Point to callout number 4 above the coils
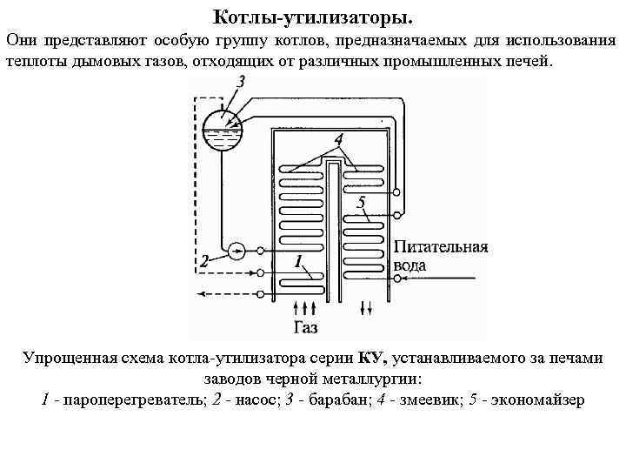pyautogui.click(x=337, y=139)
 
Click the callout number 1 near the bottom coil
pyautogui.click(x=298, y=260)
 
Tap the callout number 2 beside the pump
pyautogui.click(x=205, y=260)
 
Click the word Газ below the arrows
pyautogui.click(x=305, y=327)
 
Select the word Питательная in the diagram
pyautogui.click(x=441, y=246)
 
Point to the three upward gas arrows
pyautogui.click(x=304, y=306)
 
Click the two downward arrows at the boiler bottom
pyautogui.click(x=367, y=306)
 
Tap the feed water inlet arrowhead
pyautogui.click(x=400, y=279)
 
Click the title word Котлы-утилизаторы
pyautogui.click(x=314, y=17)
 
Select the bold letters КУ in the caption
pyautogui.click(x=372, y=358)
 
